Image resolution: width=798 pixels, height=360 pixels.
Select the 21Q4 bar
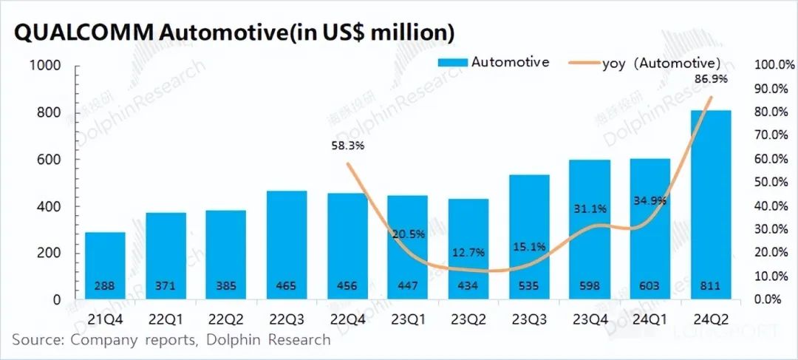[x=105, y=266]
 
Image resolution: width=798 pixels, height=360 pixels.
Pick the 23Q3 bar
[x=528, y=237]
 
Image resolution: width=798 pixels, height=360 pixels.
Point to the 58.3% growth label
[x=347, y=146]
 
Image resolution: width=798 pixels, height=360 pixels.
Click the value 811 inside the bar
[x=710, y=286]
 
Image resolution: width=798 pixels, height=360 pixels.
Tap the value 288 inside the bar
[x=105, y=286]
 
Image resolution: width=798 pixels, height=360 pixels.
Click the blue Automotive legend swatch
[x=451, y=63]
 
